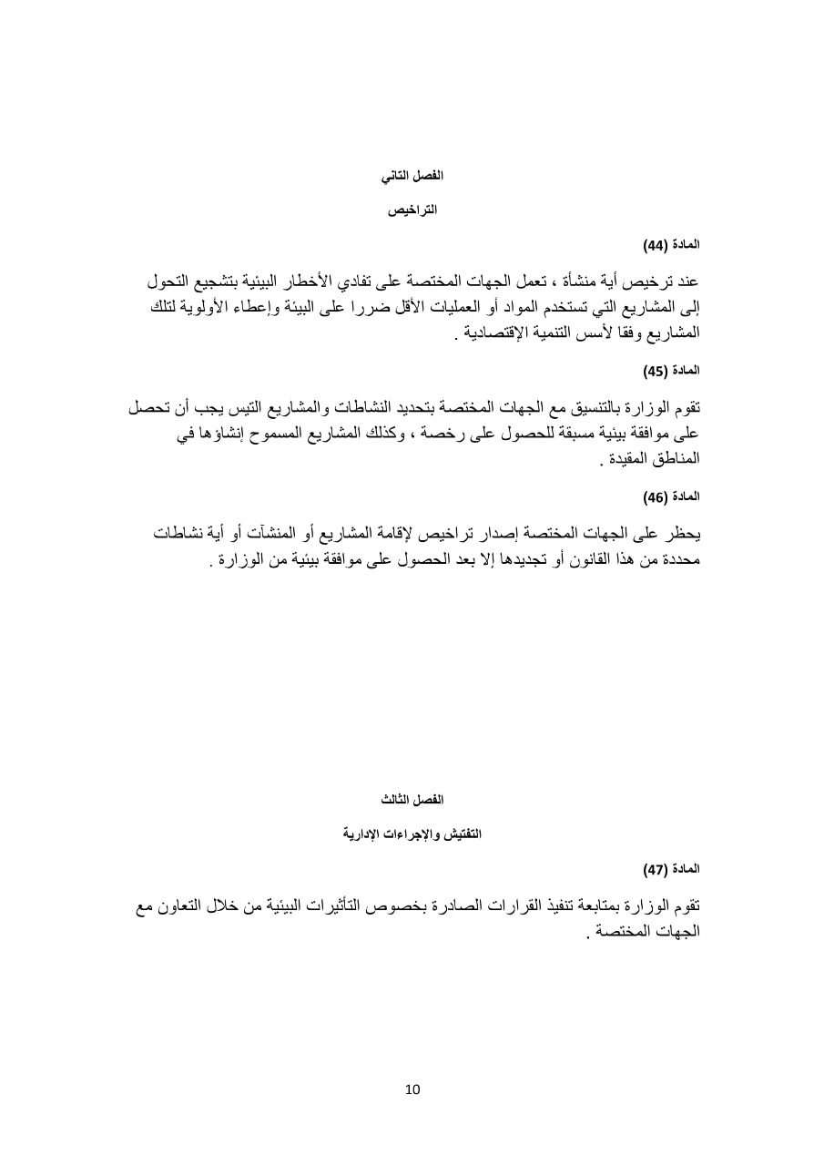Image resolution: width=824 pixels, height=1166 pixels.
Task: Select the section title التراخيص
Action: (412, 210)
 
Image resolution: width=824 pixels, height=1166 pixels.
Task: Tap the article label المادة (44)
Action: (672, 245)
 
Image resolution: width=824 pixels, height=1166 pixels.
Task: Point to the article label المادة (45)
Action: (672, 371)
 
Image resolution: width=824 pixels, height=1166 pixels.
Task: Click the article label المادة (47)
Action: (672, 870)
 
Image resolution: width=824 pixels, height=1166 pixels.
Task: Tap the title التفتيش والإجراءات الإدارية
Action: (412, 834)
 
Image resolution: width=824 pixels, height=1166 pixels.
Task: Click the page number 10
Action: (412, 1089)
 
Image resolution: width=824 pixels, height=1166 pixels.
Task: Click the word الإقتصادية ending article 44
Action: (501, 332)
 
